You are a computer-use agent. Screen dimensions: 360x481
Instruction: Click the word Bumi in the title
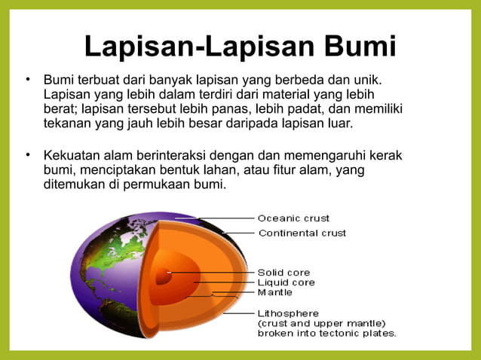click(360, 47)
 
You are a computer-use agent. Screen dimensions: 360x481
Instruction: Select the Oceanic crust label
click(293, 218)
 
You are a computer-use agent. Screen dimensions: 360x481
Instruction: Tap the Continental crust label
click(302, 233)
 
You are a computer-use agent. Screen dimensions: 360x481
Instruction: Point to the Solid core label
click(283, 272)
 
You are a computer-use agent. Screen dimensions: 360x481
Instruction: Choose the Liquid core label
click(286, 282)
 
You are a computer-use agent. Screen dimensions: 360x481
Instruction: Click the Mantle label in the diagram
click(274, 292)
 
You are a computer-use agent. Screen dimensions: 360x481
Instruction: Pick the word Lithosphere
click(288, 313)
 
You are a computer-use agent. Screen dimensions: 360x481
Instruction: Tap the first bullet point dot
click(28, 78)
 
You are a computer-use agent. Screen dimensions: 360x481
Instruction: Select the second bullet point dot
click(28, 155)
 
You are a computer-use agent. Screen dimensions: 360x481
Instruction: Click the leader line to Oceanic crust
click(226, 218)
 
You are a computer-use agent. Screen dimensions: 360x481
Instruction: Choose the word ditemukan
click(75, 185)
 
